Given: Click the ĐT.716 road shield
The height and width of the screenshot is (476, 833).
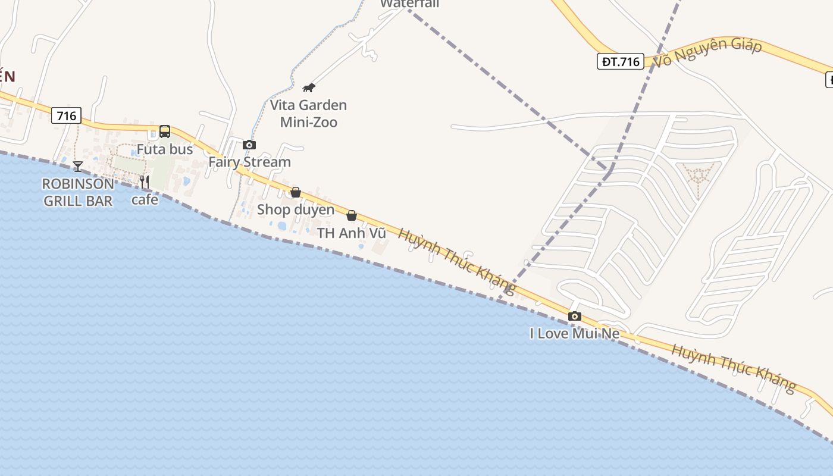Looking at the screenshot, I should click(x=621, y=61).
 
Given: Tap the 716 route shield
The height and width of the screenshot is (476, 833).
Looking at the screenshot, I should click(x=66, y=115).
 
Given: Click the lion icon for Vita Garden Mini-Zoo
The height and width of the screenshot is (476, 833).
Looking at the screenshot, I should click(x=308, y=88).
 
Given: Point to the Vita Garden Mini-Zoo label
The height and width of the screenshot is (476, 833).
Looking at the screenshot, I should click(x=308, y=114).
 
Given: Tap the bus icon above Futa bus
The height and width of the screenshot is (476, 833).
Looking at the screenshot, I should click(x=165, y=131).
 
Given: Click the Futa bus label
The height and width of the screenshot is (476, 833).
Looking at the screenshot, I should click(x=165, y=149).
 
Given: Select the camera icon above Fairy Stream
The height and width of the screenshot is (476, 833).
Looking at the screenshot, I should click(x=249, y=145).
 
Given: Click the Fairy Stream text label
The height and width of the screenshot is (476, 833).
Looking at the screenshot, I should click(x=249, y=162).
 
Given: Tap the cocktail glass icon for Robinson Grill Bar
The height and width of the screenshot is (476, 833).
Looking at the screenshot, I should click(x=78, y=167).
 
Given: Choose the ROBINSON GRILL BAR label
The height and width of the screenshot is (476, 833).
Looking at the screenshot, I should click(x=78, y=192).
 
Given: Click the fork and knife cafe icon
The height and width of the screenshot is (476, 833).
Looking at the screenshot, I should click(x=145, y=181).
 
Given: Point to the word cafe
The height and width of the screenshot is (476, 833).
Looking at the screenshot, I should click(x=145, y=200).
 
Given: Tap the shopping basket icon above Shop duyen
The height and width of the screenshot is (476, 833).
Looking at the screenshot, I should click(x=295, y=192).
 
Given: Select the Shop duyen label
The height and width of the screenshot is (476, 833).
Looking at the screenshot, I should click(x=296, y=210).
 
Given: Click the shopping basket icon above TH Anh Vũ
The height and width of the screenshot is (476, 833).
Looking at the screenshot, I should click(x=352, y=215).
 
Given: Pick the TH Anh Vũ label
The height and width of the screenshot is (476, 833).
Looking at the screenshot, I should click(x=352, y=233).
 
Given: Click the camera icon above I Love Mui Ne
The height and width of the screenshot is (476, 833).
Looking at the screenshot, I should click(x=574, y=317).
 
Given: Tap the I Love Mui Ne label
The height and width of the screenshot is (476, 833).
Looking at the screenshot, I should click(x=574, y=334).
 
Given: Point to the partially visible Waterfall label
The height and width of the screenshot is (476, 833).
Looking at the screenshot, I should click(x=410, y=4).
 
